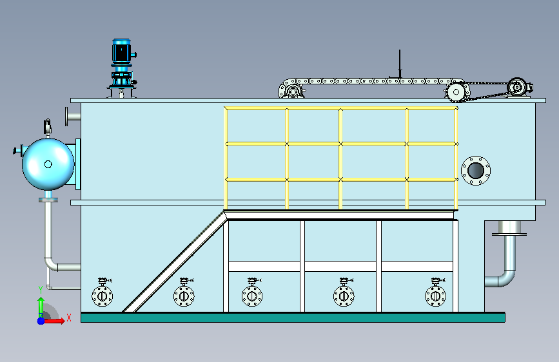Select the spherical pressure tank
pos(48,164)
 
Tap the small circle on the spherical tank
pos(48,164)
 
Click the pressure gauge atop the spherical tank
pos(48,126)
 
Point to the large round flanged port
pos(476,171)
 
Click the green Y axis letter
pos(41,290)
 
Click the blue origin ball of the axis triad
pos(41,321)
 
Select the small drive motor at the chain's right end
pos(520,87)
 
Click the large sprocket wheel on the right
pos(456,92)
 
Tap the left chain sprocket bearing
pos(292,91)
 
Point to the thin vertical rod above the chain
pos(400,64)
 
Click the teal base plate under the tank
pos(293,318)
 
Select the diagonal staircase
pos(175,261)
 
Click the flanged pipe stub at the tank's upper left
pos(73,116)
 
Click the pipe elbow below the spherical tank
pos(54,263)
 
